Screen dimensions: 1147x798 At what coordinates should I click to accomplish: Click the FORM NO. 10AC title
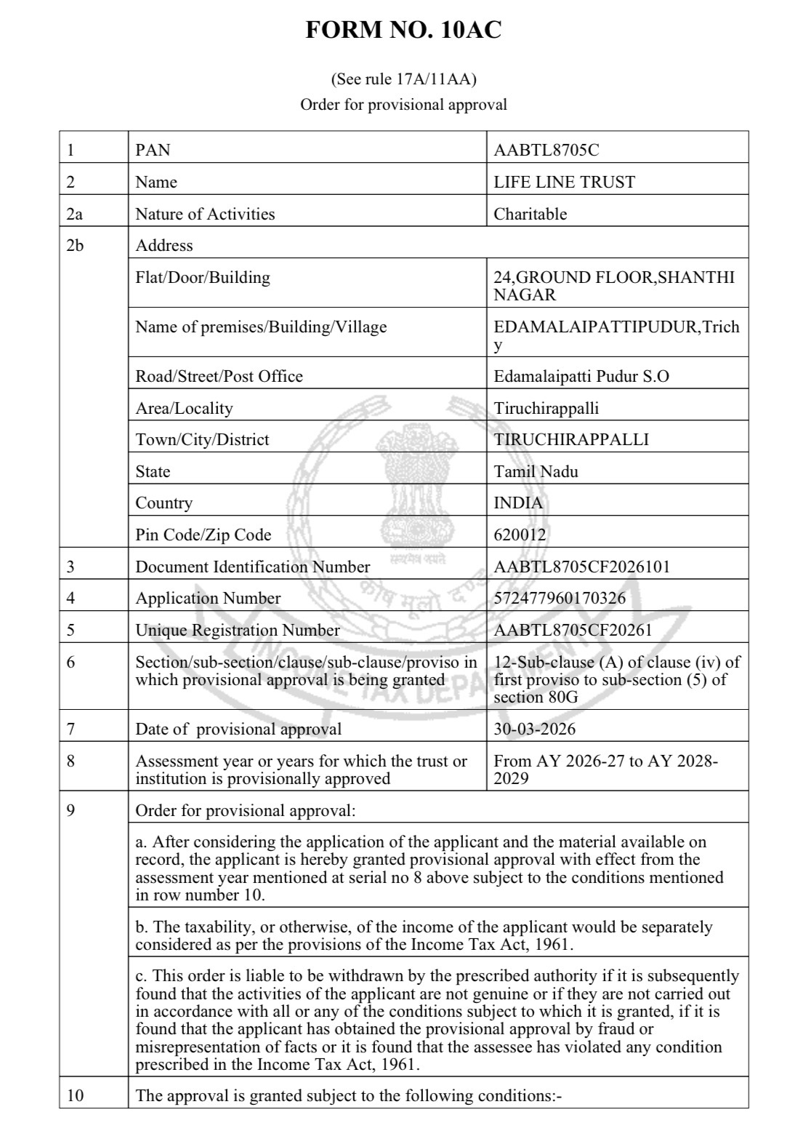point(403,31)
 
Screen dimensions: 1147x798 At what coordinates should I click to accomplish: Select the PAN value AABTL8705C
point(546,151)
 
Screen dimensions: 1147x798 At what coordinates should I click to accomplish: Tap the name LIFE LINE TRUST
point(564,182)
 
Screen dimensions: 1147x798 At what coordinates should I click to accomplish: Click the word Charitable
point(530,214)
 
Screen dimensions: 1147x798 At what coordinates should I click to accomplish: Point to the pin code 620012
point(520,535)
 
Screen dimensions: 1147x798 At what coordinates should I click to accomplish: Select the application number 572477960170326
point(559,599)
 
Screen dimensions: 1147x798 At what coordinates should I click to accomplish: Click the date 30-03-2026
point(534,729)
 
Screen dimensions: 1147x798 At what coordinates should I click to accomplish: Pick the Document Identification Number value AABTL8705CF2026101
point(581,567)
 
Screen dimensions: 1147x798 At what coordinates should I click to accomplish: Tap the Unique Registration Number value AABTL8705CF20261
point(573,630)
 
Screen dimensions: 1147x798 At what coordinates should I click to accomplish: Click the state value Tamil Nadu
point(536,471)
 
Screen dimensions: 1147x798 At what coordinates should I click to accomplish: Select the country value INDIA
point(517,503)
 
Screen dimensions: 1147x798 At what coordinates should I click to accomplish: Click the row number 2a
point(74,214)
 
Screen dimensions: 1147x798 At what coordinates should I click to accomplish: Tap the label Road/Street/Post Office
point(219,376)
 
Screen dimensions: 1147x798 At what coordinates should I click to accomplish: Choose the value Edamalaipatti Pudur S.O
point(581,376)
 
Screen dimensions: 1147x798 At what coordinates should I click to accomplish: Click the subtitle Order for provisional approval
point(403,104)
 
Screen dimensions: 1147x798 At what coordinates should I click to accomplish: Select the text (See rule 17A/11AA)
point(403,79)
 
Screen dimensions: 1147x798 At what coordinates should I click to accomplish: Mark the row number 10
point(75,1095)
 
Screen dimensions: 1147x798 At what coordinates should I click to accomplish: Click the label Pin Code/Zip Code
point(203,535)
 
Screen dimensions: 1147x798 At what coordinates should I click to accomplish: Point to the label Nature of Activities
point(205,214)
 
